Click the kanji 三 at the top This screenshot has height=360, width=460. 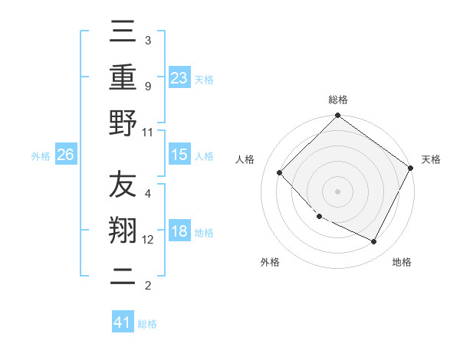(123, 31)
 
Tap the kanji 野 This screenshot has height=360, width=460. (123, 123)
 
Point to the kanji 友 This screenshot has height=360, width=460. (123, 185)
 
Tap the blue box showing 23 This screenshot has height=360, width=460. (179, 77)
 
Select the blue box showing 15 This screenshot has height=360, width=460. (179, 155)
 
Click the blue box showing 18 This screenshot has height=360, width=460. (179, 231)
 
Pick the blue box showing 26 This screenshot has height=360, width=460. (66, 155)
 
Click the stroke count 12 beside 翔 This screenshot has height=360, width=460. (148, 240)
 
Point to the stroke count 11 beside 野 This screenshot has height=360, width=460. (148, 132)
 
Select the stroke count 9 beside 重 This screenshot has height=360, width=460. (147, 86)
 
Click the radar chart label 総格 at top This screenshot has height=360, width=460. (337, 100)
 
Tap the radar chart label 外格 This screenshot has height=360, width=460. (270, 263)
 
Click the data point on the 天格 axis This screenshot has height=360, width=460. (410, 168)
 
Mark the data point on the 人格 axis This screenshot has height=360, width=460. (280, 173)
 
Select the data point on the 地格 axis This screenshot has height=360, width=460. (374, 242)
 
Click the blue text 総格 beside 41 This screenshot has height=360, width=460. (147, 324)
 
